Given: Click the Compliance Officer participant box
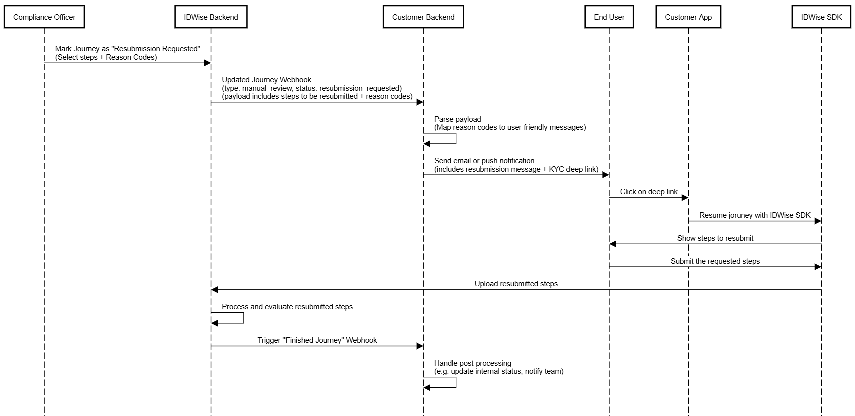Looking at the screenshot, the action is [x=44, y=17].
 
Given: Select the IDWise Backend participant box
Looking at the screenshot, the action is [x=211, y=17].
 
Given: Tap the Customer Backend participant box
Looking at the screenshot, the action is [x=423, y=17].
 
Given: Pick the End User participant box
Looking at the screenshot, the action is [x=609, y=17].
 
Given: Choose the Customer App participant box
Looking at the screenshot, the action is [x=688, y=17].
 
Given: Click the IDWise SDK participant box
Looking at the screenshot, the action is [x=821, y=17].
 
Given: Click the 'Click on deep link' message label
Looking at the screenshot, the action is [x=649, y=192].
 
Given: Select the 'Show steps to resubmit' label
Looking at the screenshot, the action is [x=715, y=238].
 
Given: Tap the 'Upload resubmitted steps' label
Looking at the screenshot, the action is [x=516, y=284].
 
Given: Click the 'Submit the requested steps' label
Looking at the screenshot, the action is [x=715, y=261].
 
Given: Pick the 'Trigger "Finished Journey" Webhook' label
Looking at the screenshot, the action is [x=317, y=340].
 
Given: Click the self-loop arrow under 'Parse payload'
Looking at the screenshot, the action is [x=456, y=138].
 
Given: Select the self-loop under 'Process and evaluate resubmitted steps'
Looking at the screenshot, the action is [x=243, y=318].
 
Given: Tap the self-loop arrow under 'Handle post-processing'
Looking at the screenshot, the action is [x=456, y=382].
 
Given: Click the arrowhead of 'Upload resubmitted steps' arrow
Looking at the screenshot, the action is [x=214, y=290].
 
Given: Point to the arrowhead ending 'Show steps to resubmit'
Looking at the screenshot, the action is [x=612, y=244].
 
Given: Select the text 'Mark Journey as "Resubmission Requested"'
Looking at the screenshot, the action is [x=128, y=49].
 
